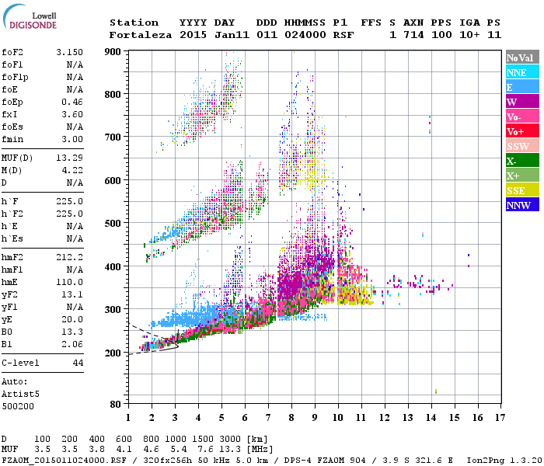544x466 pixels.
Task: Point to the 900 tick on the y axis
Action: [113, 52]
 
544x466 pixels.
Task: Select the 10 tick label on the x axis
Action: [338, 418]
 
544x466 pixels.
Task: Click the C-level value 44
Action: [78, 363]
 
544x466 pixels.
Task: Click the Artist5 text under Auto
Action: [21, 394]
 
